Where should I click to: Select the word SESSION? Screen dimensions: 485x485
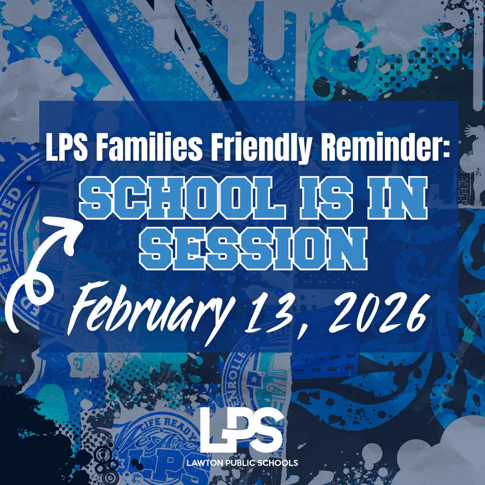click(x=254, y=249)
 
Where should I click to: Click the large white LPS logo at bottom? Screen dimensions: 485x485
click(x=242, y=431)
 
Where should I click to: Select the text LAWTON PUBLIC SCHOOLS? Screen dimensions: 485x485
click(x=249, y=462)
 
